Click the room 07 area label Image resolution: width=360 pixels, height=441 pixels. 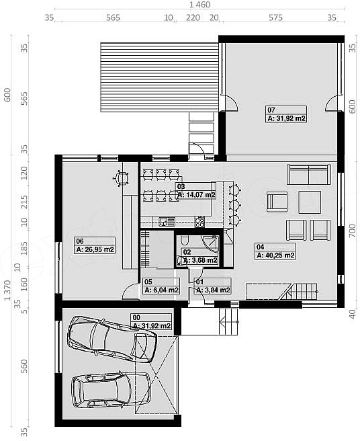pos(286,114)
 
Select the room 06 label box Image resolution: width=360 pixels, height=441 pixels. pos(95,245)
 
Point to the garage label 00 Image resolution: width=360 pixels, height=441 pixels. pos(151,321)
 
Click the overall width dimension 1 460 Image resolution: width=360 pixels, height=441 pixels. pos(199,5)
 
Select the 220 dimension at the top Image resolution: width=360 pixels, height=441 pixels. pos(193,17)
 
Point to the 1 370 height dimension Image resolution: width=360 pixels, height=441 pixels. pos(7,290)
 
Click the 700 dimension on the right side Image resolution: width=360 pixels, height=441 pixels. pos(353,231)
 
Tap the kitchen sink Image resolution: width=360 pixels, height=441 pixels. pos(167,222)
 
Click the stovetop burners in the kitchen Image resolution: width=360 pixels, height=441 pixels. pos(199,222)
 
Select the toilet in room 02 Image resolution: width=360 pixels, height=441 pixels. pos(185,241)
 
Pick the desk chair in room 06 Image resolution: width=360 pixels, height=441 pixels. pos(121,178)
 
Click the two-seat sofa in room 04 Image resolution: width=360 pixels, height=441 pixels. pos(308,175)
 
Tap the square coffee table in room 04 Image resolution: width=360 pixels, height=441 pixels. pos(310,202)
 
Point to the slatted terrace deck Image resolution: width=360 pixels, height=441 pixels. pos(159,77)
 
